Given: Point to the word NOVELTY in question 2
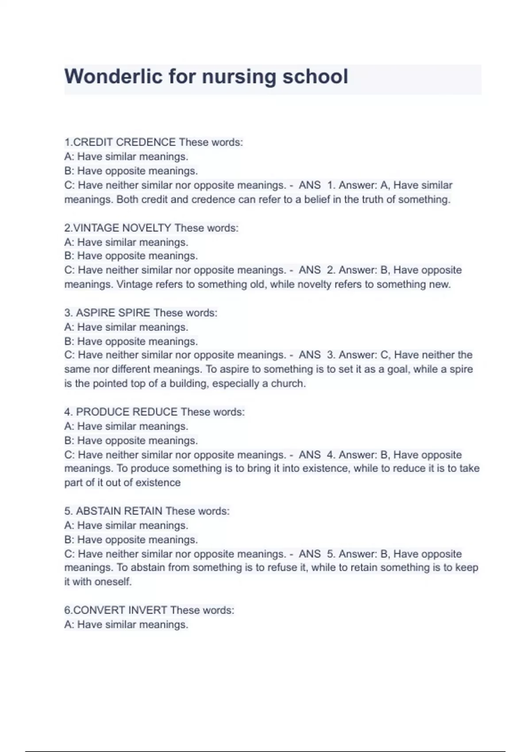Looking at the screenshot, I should [x=146, y=228].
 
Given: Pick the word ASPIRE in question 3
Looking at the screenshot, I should [x=95, y=313].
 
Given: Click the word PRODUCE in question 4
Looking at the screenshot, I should [x=102, y=412].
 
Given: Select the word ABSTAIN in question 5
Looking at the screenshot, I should [x=98, y=511].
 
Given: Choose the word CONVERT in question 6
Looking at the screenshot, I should [x=99, y=610].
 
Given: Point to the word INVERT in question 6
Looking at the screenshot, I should [x=147, y=610].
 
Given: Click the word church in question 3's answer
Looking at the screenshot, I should [x=288, y=384].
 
